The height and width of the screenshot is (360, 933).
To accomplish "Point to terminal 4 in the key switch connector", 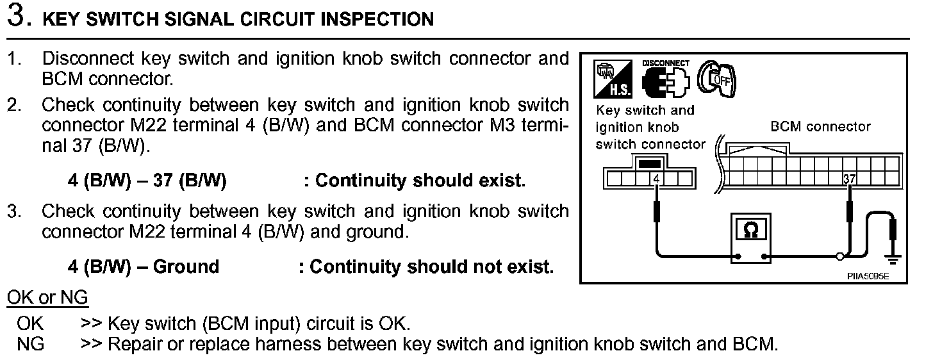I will click(x=656, y=177).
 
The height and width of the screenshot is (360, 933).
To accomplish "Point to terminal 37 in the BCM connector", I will click(x=849, y=177).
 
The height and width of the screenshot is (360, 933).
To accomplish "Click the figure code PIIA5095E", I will click(x=868, y=276).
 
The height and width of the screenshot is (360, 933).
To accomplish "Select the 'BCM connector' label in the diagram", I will click(x=821, y=126).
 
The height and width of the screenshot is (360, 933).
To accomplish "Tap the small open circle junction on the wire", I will click(x=839, y=258).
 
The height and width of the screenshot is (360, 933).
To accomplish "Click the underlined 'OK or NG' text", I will click(x=47, y=298).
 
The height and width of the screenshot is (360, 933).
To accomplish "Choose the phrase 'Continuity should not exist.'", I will click(x=431, y=266).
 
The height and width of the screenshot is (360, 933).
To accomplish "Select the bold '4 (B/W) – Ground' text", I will click(x=144, y=266).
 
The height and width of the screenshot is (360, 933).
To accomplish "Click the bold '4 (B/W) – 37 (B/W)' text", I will click(x=147, y=181).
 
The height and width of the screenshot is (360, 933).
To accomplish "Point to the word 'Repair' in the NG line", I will click(x=131, y=344).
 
